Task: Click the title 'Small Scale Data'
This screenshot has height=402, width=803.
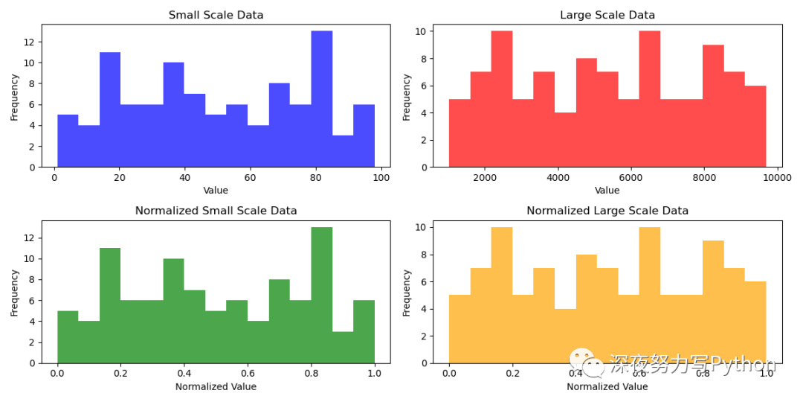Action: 216,15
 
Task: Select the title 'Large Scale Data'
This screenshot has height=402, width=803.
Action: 607,15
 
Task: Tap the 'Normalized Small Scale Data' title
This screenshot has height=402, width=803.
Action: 216,211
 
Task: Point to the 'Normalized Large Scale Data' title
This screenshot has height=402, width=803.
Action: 607,211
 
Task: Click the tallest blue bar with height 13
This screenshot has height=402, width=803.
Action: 322,99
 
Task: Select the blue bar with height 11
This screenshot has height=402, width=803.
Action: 110,109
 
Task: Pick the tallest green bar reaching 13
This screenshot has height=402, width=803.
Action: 322,296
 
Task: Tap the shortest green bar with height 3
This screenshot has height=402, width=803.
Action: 343,348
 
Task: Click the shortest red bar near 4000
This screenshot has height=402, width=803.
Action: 565,140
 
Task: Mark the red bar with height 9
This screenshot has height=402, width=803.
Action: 713,106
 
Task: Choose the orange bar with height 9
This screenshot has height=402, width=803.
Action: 713,302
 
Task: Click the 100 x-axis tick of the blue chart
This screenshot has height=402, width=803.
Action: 381,178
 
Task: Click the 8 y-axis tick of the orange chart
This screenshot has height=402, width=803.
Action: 425,255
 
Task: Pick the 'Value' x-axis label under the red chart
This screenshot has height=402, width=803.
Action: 607,191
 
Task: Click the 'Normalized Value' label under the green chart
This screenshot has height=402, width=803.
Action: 216,386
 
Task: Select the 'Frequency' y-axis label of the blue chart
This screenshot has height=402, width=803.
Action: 14,98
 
